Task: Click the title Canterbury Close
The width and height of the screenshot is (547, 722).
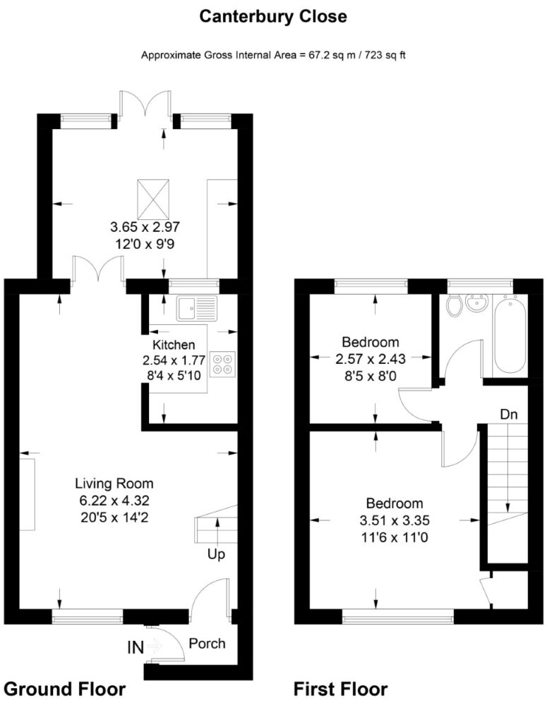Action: tap(273, 17)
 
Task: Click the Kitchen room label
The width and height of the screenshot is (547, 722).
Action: tap(174, 344)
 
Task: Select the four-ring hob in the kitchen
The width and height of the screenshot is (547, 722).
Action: tap(222, 365)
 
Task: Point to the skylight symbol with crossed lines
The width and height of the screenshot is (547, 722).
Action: tap(153, 200)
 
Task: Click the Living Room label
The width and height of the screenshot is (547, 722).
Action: tap(114, 484)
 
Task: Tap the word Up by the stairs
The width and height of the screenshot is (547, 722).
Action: tap(216, 554)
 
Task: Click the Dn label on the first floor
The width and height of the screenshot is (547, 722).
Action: tap(509, 415)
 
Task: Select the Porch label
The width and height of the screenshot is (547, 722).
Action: tap(208, 643)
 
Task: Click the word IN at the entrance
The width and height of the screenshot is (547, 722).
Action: tap(136, 648)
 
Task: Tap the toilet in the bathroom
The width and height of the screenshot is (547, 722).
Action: tap(455, 305)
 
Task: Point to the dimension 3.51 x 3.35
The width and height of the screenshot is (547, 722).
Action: tap(395, 520)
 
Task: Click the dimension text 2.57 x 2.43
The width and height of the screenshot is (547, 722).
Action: tap(371, 359)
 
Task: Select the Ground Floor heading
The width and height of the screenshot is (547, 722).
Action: tap(64, 690)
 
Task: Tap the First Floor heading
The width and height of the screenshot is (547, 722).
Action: tap(340, 690)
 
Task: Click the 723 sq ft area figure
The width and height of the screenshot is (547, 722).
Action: tap(385, 55)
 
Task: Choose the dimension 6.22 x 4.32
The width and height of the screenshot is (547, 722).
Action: tap(114, 501)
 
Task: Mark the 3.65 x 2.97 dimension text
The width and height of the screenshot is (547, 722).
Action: tap(145, 227)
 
